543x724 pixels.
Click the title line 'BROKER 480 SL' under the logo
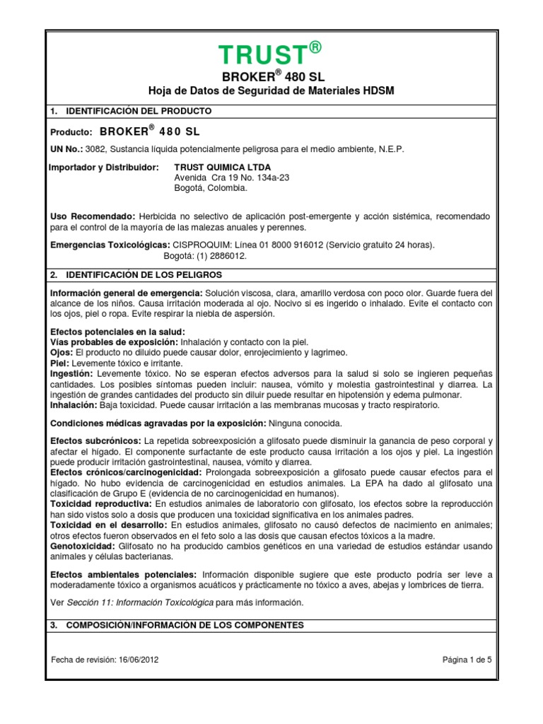point(271,76)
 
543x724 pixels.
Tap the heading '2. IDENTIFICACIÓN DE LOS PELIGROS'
point(136,274)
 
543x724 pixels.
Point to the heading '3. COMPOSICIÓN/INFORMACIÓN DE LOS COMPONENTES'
point(177,625)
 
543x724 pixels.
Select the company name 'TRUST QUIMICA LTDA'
point(222,167)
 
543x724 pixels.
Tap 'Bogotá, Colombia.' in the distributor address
point(210,188)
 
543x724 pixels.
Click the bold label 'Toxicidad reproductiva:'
point(100,503)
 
